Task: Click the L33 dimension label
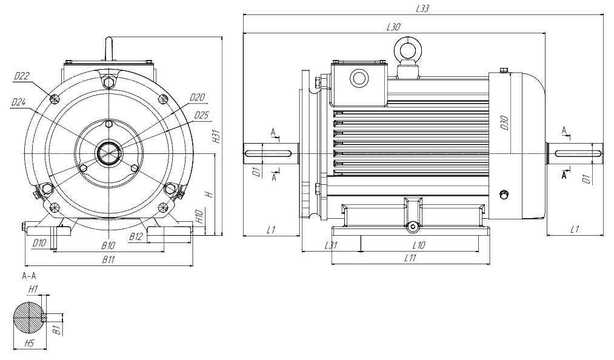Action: point(422,8)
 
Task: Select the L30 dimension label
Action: point(393,27)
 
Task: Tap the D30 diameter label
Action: point(505,123)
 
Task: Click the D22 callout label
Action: point(22,76)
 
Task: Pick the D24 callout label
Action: point(18,102)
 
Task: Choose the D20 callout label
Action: point(198,97)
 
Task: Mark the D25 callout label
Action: point(201,115)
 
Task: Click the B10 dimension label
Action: point(108,245)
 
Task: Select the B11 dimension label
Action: point(108,259)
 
